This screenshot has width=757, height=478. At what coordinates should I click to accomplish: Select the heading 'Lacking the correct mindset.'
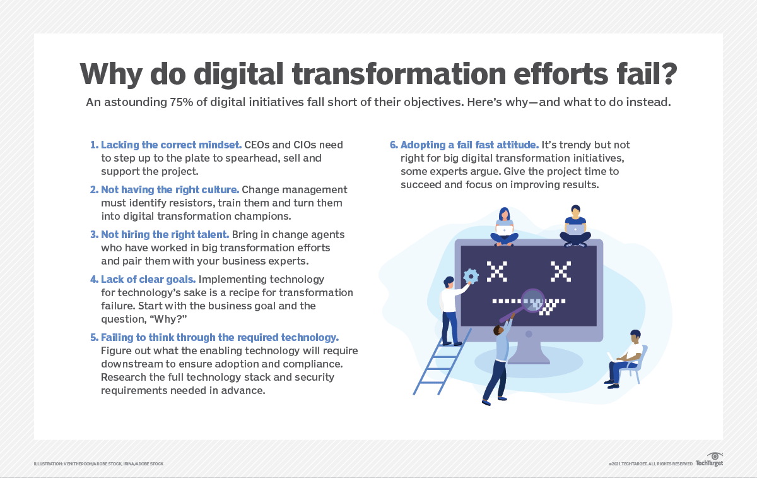point(171,145)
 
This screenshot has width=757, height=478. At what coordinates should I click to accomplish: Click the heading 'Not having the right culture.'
point(170,189)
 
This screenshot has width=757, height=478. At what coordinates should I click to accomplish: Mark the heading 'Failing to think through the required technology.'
point(220,337)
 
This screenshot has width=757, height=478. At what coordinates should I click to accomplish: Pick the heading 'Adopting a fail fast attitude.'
point(469,145)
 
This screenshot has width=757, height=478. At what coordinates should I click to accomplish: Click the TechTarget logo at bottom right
point(709,460)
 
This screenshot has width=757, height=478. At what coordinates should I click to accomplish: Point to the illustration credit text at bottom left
point(98,464)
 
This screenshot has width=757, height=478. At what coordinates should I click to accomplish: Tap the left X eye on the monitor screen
point(497,272)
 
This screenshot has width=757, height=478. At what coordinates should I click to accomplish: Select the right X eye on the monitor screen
point(560,272)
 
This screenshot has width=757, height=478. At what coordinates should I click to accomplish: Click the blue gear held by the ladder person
point(471,276)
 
